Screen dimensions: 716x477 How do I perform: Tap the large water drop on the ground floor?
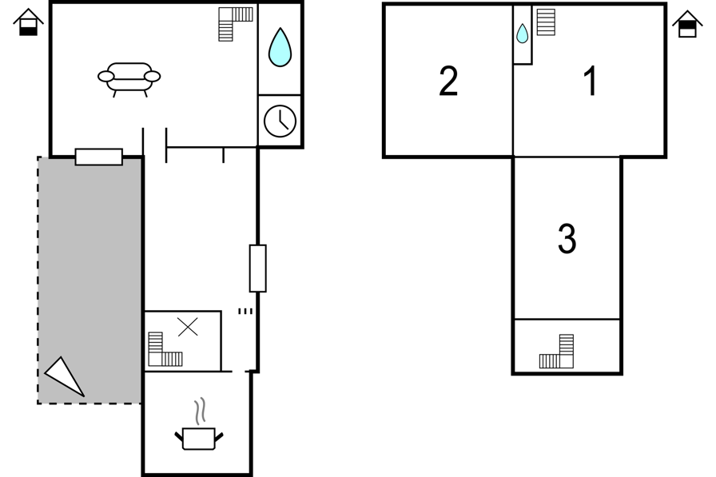click(x=280, y=47)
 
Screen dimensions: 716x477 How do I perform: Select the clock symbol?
click(x=280, y=121)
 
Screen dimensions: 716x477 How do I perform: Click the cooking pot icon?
click(x=199, y=438)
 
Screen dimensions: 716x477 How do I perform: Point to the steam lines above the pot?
click(x=200, y=411)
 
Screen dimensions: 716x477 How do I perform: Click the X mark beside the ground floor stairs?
click(x=188, y=327)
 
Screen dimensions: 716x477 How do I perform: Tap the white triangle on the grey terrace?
click(x=65, y=377)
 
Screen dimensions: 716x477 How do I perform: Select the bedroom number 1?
click(x=591, y=81)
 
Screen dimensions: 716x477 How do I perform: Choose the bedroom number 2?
click(x=448, y=81)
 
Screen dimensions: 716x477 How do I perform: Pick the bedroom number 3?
click(x=567, y=238)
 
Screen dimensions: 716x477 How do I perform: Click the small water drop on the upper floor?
click(x=522, y=34)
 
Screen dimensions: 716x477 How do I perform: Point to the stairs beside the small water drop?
click(x=546, y=22)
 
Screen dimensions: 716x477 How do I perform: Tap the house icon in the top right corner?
click(x=687, y=24)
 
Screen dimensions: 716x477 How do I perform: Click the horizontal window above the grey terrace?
click(x=98, y=157)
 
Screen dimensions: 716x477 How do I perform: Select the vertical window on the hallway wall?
click(x=257, y=268)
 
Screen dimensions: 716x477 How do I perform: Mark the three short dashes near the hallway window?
click(x=245, y=312)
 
